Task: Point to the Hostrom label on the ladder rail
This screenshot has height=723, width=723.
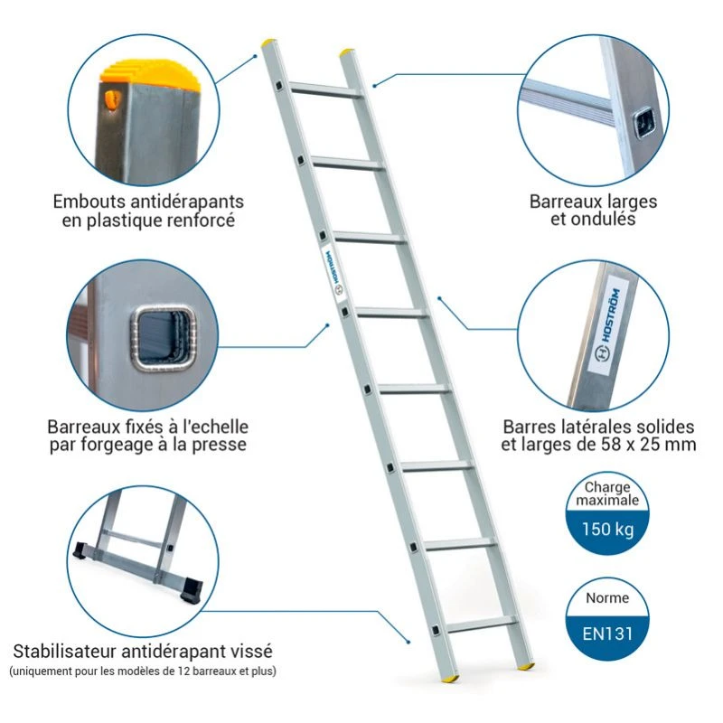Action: [x=331, y=268]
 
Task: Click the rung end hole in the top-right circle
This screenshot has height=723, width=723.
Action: [x=643, y=123]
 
